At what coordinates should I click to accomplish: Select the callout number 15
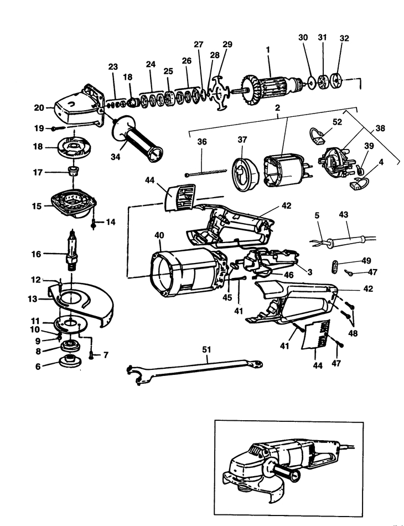pyautogui.click(x=37, y=205)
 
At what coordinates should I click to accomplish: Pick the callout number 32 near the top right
pyautogui.click(x=344, y=38)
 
